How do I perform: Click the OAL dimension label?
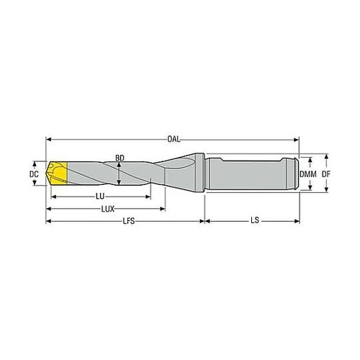point(174,140)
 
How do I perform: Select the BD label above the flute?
point(120,158)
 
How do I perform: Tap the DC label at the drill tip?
point(34,174)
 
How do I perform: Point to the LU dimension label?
point(100,197)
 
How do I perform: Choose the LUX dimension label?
point(108,209)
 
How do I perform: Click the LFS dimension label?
point(129,221)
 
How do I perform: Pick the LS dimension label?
point(255,220)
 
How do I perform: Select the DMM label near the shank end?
point(308,174)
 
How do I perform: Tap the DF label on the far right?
point(326,174)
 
